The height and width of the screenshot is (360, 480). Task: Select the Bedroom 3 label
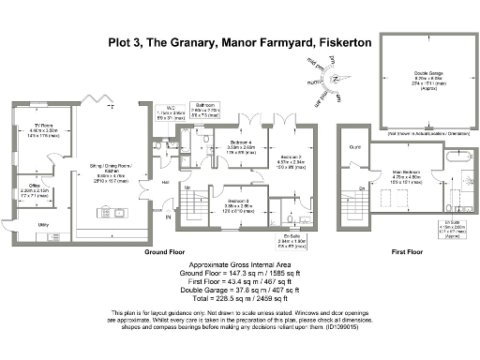(x=238, y=202)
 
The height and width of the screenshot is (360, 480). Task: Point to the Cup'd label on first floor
(x=354, y=146)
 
